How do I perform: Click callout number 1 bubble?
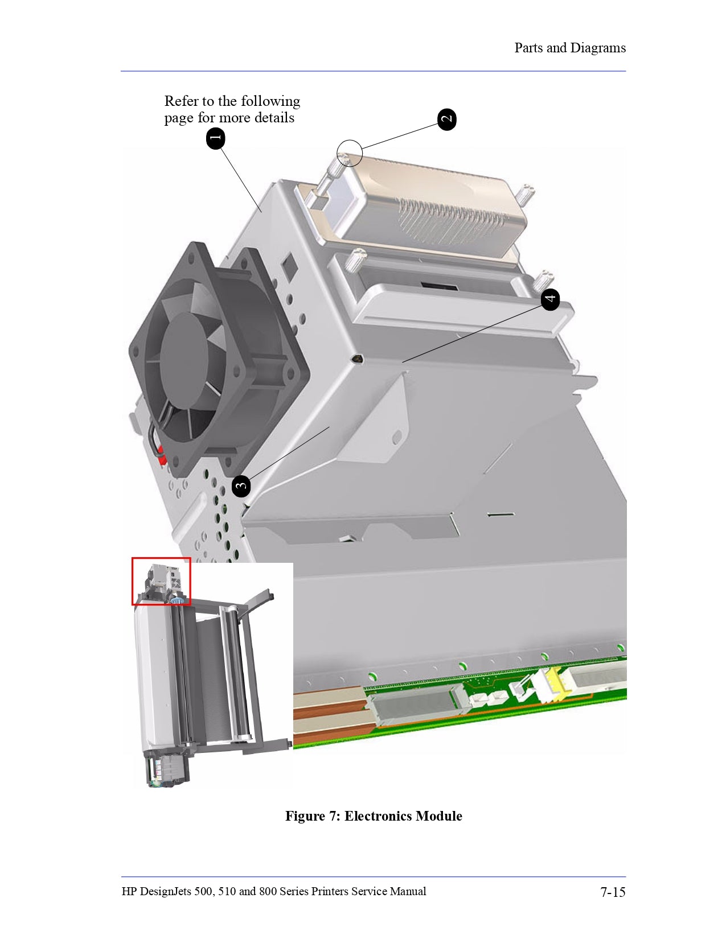(x=215, y=138)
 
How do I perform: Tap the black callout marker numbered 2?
(x=447, y=120)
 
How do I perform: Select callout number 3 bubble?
(x=241, y=486)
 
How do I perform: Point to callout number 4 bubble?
(x=550, y=299)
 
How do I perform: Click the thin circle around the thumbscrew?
(x=350, y=153)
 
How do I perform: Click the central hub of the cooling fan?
(x=183, y=361)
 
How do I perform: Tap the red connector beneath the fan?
(x=162, y=456)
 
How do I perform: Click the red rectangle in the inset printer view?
(x=161, y=581)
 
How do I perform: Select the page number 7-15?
(x=613, y=892)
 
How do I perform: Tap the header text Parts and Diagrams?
(x=569, y=48)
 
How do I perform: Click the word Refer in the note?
(x=181, y=101)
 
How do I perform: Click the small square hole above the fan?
(x=289, y=262)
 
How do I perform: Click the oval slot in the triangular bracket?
(x=397, y=437)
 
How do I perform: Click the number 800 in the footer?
(x=268, y=891)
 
